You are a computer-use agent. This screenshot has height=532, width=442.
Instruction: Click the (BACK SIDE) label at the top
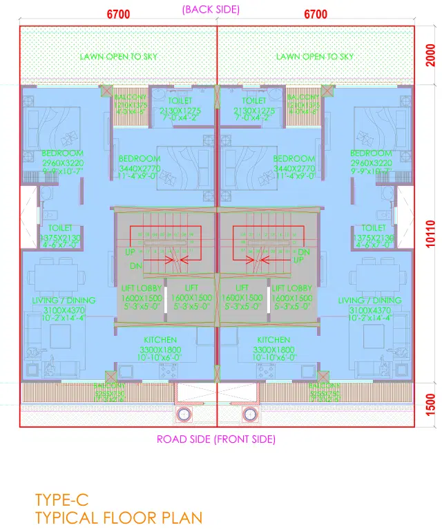coord(210,10)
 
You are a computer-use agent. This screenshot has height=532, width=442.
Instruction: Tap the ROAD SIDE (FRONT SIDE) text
coord(216,439)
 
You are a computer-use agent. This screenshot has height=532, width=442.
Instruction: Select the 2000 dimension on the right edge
coord(430,55)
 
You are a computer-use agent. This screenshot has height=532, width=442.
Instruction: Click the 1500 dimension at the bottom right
coord(430,403)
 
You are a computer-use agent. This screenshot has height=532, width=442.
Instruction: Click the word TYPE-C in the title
coord(61,498)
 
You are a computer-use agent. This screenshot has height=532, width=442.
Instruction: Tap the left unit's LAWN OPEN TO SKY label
coord(118,57)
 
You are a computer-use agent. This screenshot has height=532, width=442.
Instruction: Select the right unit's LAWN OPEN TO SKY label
coord(315,57)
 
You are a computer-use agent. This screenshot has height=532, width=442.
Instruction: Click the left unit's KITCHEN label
coord(160,340)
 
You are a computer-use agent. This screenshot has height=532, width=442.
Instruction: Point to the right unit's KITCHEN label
coord(273,340)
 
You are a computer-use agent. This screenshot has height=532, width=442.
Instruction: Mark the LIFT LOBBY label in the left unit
coord(141,287)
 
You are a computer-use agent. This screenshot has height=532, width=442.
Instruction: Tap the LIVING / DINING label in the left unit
coord(64,301)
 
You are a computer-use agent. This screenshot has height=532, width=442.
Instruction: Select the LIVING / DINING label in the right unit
coord(369,301)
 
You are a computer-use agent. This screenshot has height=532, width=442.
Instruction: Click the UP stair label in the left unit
coord(130,252)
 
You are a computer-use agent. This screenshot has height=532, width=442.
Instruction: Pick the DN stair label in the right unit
coord(303,252)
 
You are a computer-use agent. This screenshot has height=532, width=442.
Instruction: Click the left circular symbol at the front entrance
coord(184,415)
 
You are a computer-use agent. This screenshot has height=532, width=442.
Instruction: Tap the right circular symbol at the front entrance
coord(249,415)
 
